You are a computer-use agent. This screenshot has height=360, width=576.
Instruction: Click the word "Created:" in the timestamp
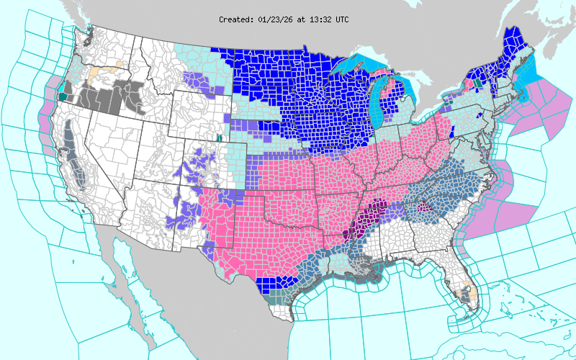(x=236, y=19)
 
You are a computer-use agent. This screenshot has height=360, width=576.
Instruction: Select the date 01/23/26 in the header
(x=275, y=19)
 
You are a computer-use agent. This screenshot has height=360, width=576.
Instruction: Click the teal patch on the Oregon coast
(x=63, y=95)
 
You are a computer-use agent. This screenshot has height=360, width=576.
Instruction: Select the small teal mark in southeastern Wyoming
(x=218, y=137)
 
